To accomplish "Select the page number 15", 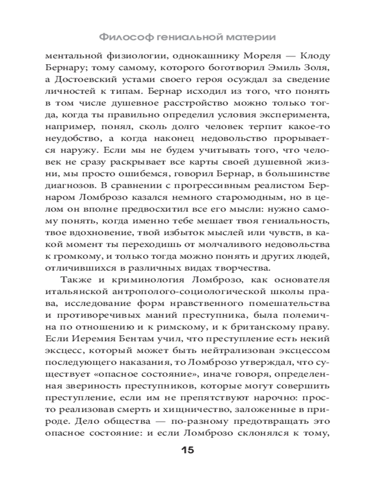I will pyautogui.click(x=188, y=450).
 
